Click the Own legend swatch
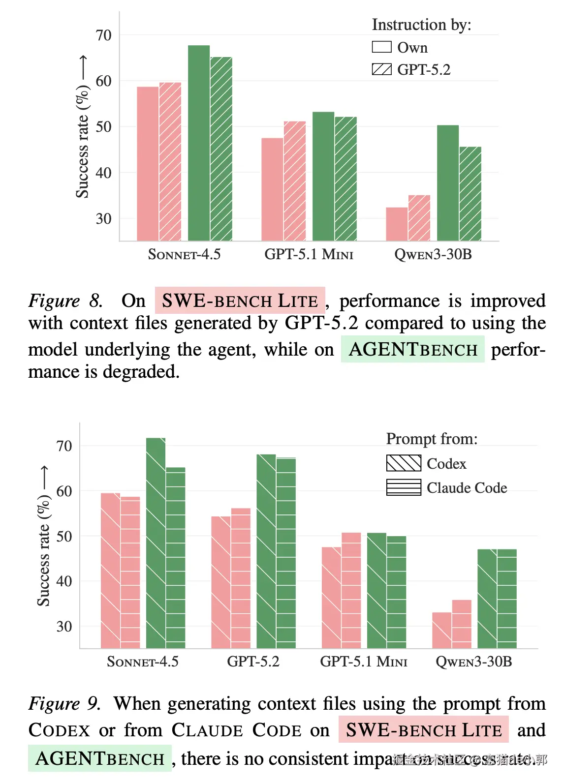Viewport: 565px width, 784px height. tap(381, 47)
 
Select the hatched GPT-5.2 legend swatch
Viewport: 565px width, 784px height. tap(381, 69)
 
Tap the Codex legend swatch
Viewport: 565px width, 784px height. tap(404, 463)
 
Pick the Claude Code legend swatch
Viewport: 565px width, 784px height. tap(404, 487)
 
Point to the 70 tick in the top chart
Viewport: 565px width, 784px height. tap(103, 35)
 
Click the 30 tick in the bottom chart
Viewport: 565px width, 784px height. tap(64, 627)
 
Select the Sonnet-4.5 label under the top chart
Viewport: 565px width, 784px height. tap(184, 254)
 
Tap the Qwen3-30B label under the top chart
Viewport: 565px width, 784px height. tap(433, 254)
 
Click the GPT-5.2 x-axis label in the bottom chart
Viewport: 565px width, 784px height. tap(253, 662)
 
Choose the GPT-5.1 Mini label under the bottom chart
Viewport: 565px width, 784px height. tap(364, 662)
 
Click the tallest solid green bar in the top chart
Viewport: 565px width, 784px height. tap(199, 143)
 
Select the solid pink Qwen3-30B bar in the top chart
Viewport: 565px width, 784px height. tap(397, 224)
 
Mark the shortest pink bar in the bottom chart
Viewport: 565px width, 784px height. tap(442, 630)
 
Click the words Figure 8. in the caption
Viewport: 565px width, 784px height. tap(65, 301)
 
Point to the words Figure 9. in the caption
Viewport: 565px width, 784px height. tap(64, 703)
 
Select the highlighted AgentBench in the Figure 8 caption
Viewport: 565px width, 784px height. tap(413, 349)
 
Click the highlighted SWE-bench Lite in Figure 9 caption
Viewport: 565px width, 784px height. tap(423, 730)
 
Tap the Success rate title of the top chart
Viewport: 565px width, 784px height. tap(83, 141)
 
